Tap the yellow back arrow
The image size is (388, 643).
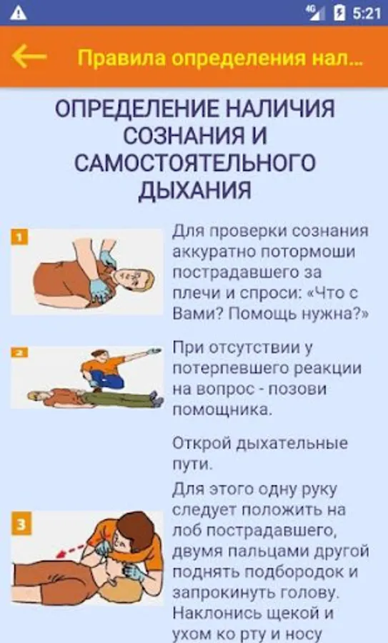[29, 56]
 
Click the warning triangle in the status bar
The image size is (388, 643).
[19, 13]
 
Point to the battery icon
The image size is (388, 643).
[339, 13]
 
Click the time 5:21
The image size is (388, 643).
[367, 13]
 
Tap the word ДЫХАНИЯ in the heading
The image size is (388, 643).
[194, 190]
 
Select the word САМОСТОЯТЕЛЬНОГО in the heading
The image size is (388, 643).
[195, 163]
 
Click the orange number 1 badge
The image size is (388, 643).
[19, 237]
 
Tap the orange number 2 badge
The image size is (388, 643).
[19, 352]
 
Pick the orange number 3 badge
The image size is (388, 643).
[21, 524]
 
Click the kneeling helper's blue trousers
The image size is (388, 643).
[106, 379]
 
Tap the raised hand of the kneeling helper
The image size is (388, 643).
[154, 351]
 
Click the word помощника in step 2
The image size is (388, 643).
[222, 409]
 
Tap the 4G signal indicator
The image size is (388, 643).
[315, 12]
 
